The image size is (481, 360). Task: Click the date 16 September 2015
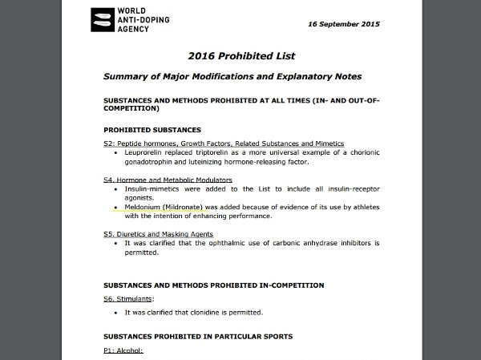point(344,24)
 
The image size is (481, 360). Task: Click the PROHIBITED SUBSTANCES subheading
point(152,130)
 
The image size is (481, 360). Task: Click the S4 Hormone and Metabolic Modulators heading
point(168,180)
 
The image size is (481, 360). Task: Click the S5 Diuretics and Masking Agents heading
point(157,234)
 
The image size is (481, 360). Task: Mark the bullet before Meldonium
point(117,207)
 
